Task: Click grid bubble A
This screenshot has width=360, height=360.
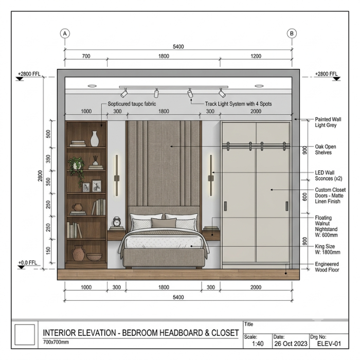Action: pyautogui.click(x=65, y=33)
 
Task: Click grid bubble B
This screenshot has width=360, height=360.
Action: pyautogui.click(x=292, y=33)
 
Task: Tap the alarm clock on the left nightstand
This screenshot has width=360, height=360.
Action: pyautogui.click(x=117, y=222)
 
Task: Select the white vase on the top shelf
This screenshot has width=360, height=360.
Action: pyautogui.click(x=94, y=139)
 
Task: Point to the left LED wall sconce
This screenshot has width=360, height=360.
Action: pyautogui.click(x=117, y=176)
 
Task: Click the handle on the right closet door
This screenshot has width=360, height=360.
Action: pyautogui.click(x=287, y=206)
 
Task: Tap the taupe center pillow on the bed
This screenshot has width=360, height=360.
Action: pyautogui.click(x=164, y=223)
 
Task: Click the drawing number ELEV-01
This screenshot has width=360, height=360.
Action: pyautogui.click(x=329, y=344)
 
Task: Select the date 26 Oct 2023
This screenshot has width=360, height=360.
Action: pyautogui.click(x=291, y=344)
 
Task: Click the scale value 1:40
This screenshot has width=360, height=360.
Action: pyautogui.click(x=258, y=344)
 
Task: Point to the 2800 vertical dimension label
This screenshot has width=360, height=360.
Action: pyautogui.click(x=40, y=176)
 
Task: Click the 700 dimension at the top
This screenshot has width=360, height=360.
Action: pyautogui.click(x=86, y=56)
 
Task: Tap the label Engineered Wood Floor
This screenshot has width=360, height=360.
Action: pyautogui.click(x=327, y=267)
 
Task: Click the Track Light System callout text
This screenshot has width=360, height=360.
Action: pyautogui.click(x=238, y=104)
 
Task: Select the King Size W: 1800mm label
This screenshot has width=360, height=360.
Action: pyautogui.click(x=328, y=249)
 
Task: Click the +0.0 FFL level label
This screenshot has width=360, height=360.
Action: pyautogui.click(x=28, y=262)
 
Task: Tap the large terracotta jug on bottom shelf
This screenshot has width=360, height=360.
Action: pyautogui.click(x=78, y=253)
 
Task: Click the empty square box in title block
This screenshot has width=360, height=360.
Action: pyautogui.click(x=25, y=334)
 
